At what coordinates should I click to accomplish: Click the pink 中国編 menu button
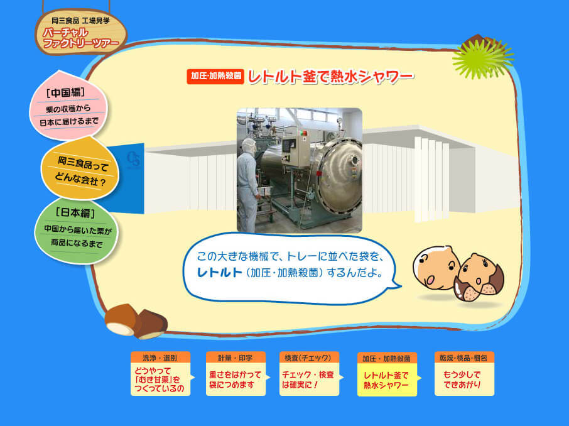68,106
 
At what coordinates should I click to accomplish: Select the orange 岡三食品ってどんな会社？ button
80,170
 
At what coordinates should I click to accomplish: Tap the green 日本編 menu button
76,231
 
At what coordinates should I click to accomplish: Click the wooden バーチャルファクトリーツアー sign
81,32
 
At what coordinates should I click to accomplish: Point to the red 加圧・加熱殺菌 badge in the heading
215,76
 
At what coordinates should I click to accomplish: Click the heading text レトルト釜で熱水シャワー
330,77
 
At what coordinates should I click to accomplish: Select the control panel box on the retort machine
296,152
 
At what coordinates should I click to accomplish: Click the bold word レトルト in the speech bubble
219,273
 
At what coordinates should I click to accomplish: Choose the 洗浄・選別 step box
160,374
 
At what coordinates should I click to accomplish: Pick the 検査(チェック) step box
309,374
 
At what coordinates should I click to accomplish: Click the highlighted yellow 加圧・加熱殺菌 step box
387,374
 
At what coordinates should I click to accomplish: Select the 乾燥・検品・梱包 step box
465,374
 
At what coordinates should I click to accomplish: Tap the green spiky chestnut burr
482,58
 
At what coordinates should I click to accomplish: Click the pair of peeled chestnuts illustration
136,322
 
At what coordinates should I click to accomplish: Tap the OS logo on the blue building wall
133,160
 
